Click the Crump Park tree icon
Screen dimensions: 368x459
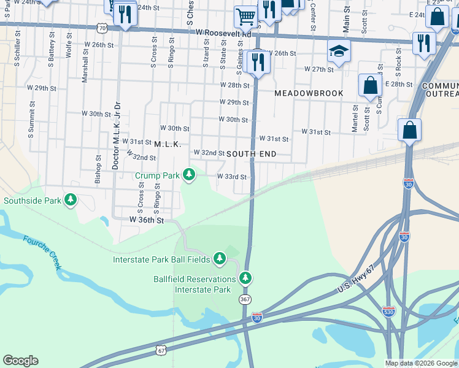[x=189, y=175]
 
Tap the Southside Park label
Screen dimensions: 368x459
[x=33, y=201]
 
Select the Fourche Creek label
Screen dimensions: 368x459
[x=43, y=253]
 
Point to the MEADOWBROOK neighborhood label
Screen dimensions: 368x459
[x=308, y=93]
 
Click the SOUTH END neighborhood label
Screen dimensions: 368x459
[x=252, y=153]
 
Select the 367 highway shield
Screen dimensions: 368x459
[x=245, y=299]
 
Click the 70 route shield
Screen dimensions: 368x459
[x=102, y=28]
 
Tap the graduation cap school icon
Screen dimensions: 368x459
[x=337, y=53]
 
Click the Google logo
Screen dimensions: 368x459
[x=20, y=361]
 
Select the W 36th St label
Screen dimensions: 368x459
[x=146, y=219]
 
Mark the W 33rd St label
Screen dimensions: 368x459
[x=231, y=177]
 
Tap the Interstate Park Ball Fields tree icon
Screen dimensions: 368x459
[x=220, y=259]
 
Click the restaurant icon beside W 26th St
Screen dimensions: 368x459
[x=256, y=62]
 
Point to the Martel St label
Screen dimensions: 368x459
[x=355, y=118]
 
